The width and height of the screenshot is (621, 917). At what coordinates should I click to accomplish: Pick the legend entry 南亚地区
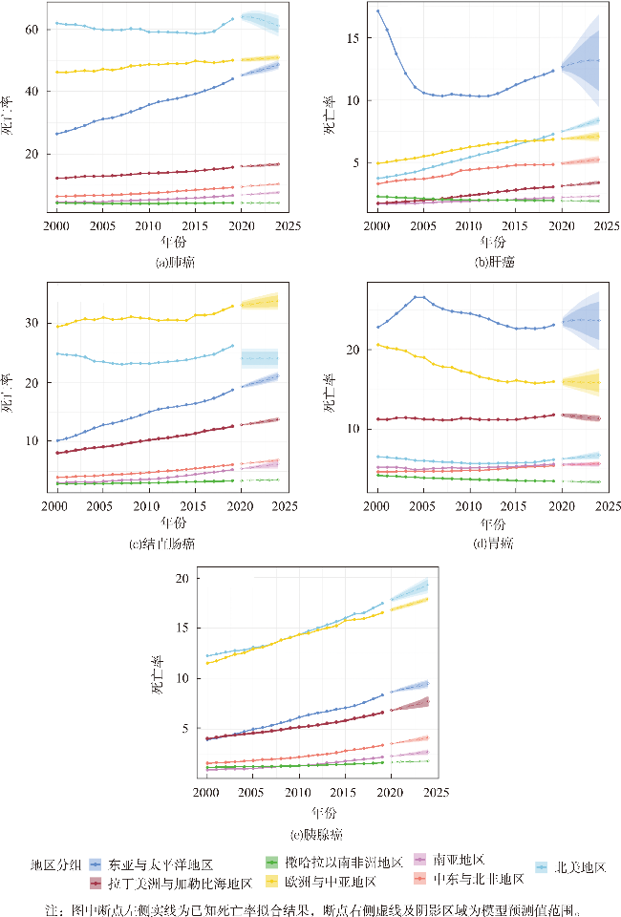coord(460,860)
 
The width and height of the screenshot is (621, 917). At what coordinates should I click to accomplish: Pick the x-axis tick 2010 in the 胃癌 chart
coord(469,506)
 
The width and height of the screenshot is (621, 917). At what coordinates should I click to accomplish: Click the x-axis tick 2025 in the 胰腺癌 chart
coord(435,794)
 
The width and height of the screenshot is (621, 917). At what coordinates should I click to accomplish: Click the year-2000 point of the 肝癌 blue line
coord(378,11)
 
